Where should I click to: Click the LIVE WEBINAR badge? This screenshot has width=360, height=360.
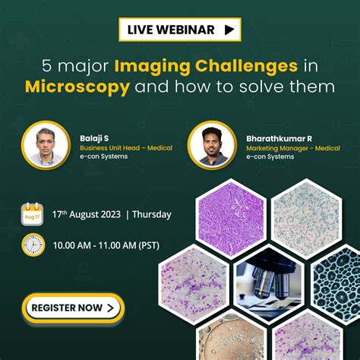point(179,30)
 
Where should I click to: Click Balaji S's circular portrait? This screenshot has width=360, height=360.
point(45,143)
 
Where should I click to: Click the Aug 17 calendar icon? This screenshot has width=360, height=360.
point(32,213)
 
